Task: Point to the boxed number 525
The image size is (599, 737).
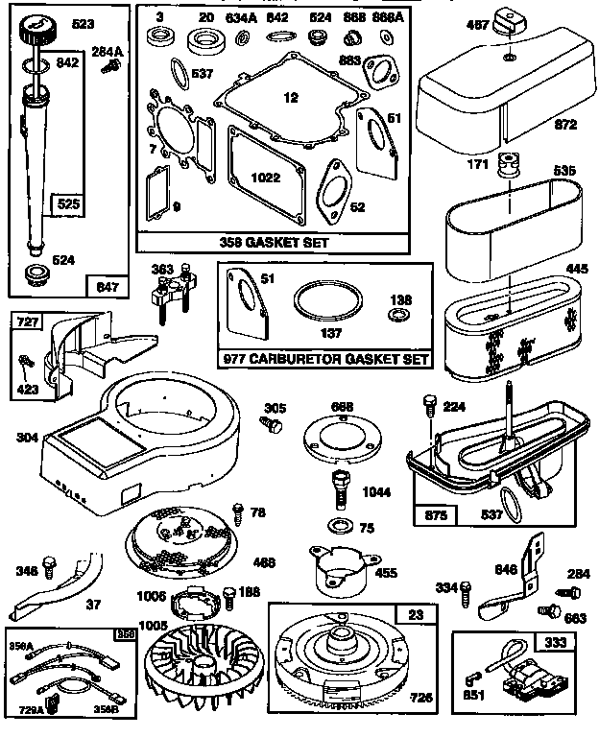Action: pos(69,204)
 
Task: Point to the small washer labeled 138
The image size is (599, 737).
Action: pos(396,314)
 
